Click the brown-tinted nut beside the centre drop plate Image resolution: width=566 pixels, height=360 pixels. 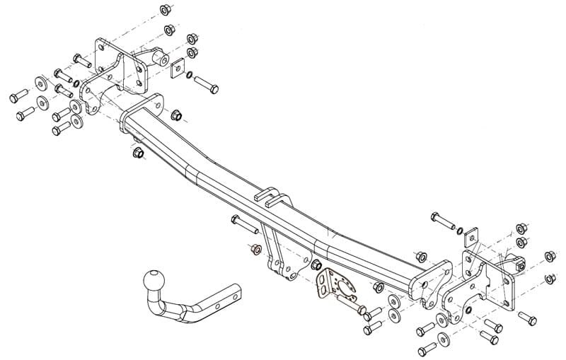click(x=256, y=250)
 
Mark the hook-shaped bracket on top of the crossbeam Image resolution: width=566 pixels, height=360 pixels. click(x=268, y=194)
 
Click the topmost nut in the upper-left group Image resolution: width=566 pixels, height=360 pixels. click(x=165, y=10)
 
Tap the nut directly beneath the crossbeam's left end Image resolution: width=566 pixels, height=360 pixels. click(x=137, y=153)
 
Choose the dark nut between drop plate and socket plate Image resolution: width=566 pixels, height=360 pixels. click(x=312, y=265)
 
